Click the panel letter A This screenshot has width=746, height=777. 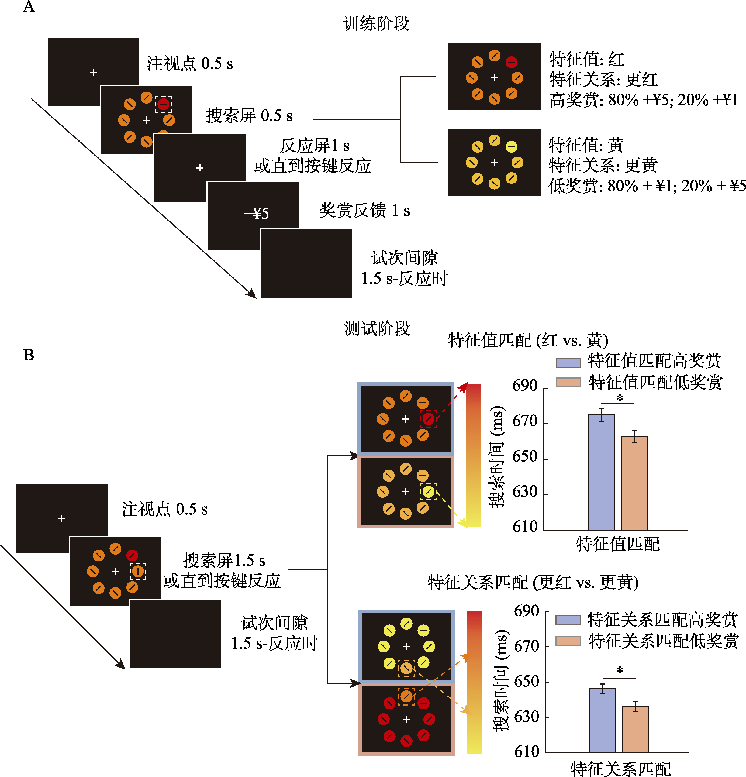[x=29, y=7]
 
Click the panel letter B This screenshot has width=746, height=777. [x=29, y=355]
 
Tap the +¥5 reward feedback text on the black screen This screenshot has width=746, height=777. [x=256, y=213]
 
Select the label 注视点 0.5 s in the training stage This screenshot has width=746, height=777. [x=189, y=63]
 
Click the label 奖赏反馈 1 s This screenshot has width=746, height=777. [x=364, y=210]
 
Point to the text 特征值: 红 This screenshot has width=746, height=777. [x=587, y=60]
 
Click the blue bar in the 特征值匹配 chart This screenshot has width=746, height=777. [x=601, y=472]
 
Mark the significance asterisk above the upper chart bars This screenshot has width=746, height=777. [x=620, y=398]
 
